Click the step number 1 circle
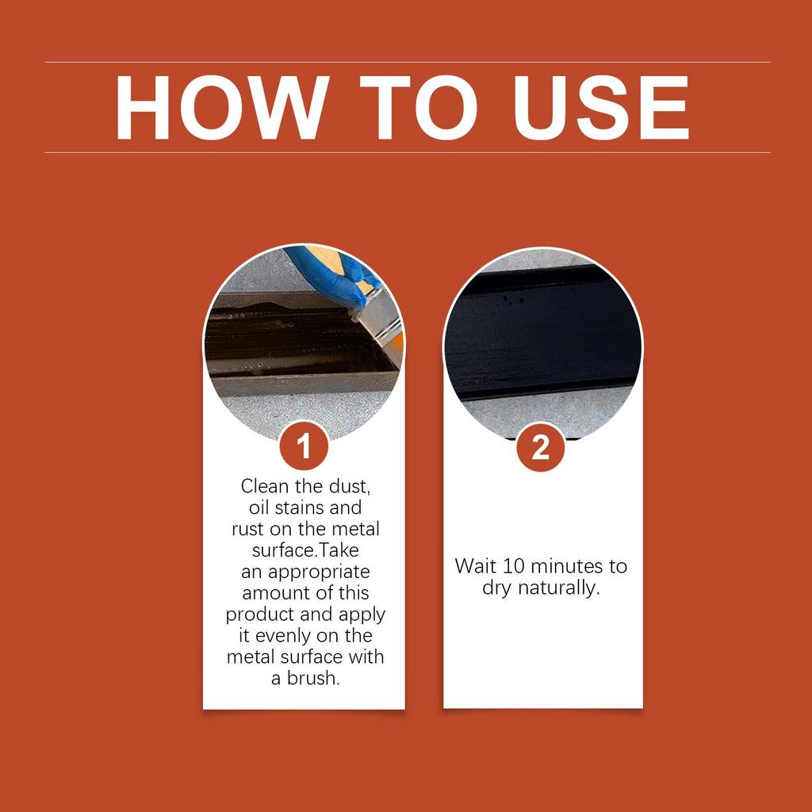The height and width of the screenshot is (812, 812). pyautogui.click(x=304, y=446)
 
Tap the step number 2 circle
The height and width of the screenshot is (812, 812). pyautogui.click(x=540, y=447)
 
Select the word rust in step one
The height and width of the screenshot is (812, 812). pyautogui.click(x=249, y=528)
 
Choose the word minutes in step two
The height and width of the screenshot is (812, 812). pyautogui.click(x=564, y=566)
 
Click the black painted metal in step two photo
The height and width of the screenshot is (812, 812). pyautogui.click(x=542, y=333)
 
